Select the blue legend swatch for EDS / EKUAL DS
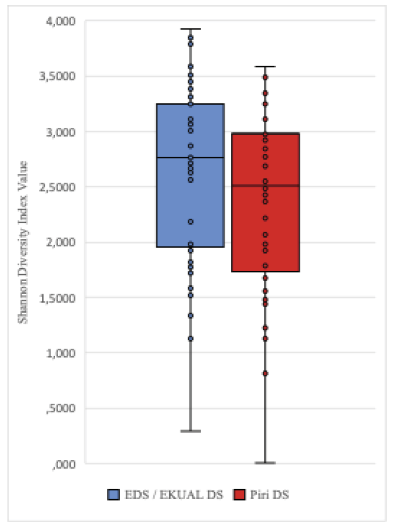coord(113,495)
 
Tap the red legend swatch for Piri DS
coord(238,495)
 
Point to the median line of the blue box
coord(190,157)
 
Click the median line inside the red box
coord(265,185)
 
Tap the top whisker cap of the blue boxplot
coord(190,28)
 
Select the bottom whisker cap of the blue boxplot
coord(190,431)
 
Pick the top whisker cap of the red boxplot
coord(265,66)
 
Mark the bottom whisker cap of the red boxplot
coord(265,463)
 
